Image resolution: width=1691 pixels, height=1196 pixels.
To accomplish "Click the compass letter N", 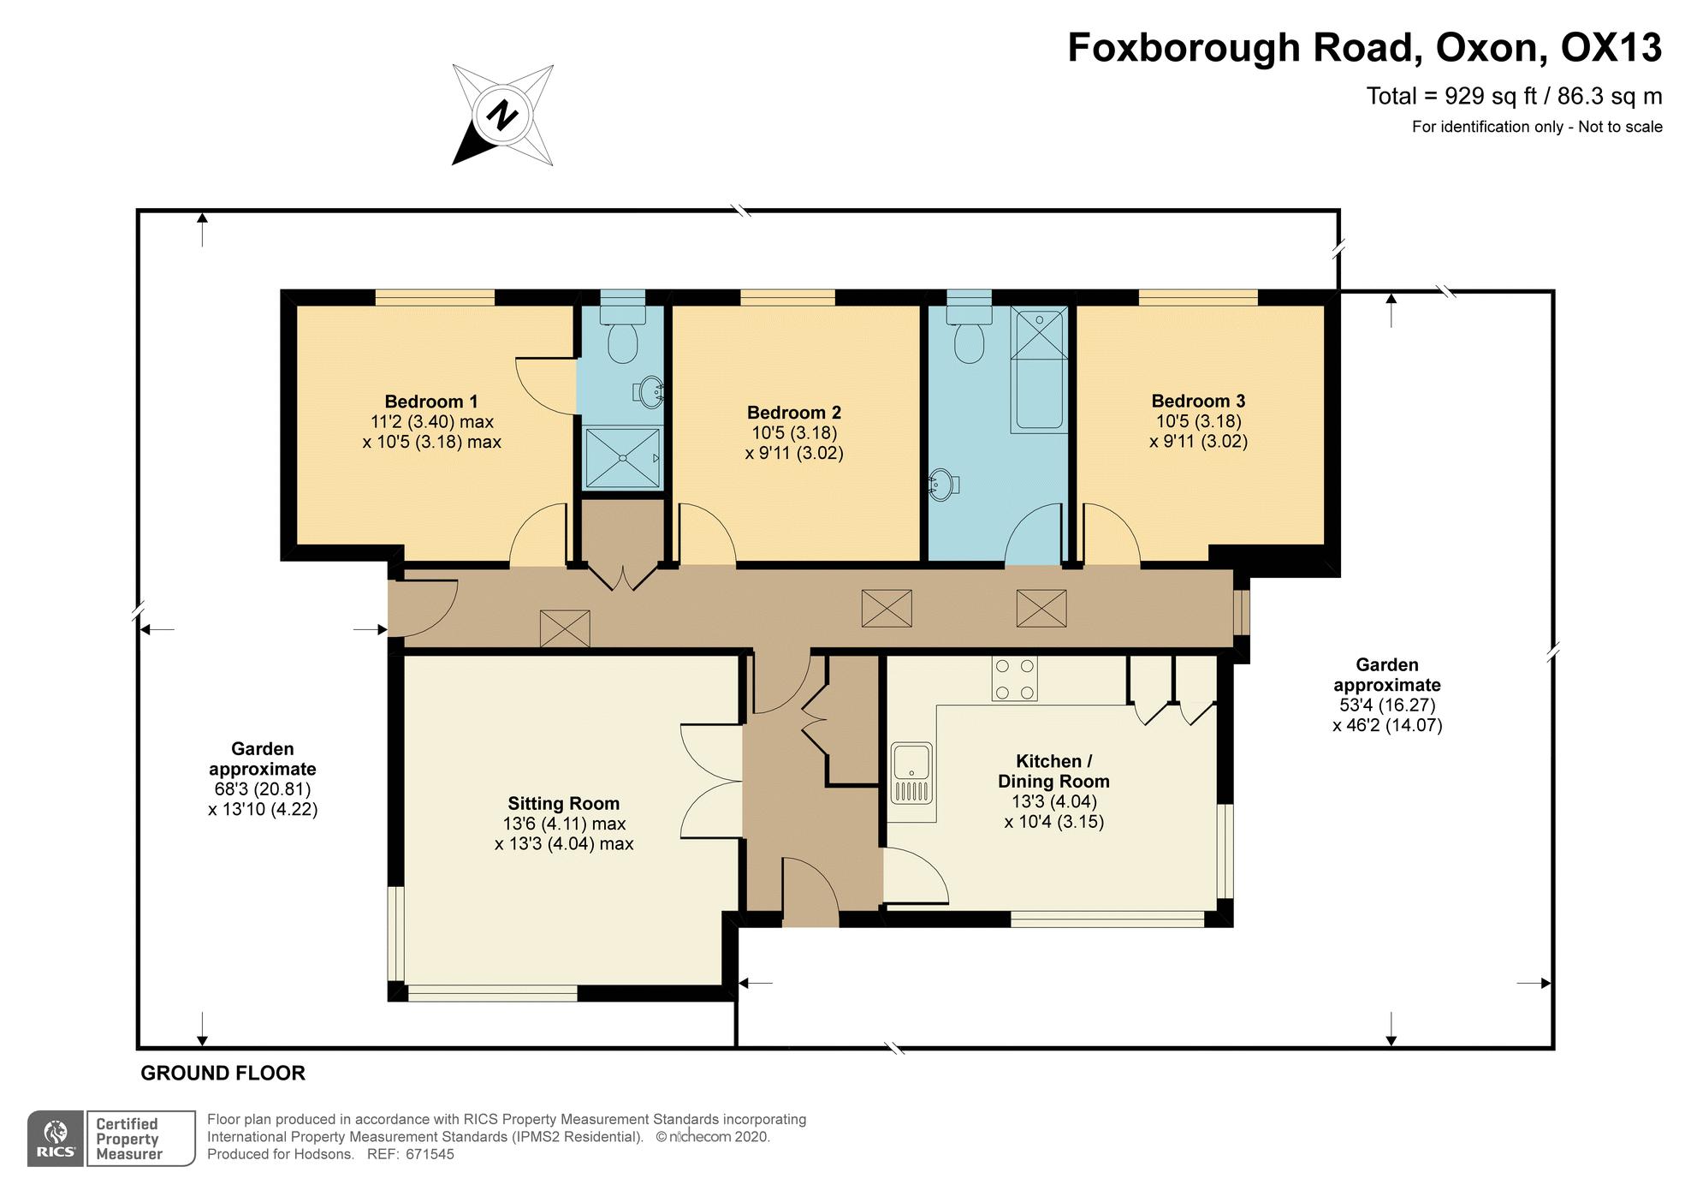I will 503,114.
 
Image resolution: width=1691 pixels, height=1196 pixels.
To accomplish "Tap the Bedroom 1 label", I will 430,402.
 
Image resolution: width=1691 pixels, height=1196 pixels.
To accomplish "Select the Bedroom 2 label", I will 793,413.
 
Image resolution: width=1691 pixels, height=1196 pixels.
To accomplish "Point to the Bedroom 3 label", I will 1197,401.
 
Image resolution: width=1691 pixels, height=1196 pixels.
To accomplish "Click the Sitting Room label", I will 563,803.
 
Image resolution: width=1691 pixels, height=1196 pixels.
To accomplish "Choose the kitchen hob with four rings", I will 1014,678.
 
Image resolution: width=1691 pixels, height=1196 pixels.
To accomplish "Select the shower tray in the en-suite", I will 623,457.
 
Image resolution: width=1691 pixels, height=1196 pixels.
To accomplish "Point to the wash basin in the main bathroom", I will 942,485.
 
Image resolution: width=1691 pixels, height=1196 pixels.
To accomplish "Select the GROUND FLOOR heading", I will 222,1073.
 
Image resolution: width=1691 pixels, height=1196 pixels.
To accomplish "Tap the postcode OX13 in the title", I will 1611,48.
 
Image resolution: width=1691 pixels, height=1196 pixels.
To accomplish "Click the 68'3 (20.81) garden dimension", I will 262,788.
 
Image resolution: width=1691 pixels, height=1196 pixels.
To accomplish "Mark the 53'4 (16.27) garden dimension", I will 1386,705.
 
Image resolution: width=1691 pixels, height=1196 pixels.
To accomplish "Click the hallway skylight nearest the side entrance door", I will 565,628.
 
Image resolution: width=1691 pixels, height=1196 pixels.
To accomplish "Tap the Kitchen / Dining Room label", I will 1053,771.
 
